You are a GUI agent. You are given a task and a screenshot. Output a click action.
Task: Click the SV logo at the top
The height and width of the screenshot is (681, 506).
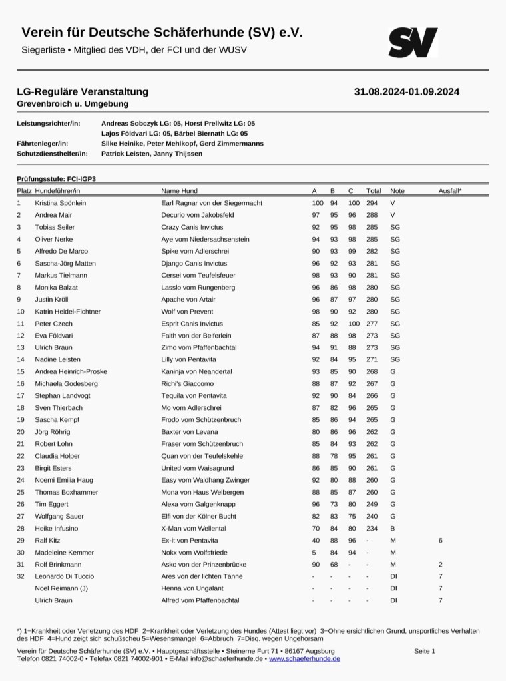pos(413,42)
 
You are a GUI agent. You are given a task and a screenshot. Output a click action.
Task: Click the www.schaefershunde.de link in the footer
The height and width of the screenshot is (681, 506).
pos(304,658)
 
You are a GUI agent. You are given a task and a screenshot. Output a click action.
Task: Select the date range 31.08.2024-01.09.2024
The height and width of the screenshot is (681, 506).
pos(407,92)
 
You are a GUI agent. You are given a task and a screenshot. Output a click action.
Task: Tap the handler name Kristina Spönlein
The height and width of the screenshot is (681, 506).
pos(61,203)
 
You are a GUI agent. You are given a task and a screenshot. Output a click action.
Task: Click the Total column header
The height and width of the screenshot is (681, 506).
pos(374,191)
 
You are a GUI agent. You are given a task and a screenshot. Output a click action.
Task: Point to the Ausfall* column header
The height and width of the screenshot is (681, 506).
pos(450,191)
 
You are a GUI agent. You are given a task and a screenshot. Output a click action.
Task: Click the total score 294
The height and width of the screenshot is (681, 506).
pos(372,203)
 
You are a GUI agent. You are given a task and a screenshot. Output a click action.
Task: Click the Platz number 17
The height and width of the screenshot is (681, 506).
pos(21,395)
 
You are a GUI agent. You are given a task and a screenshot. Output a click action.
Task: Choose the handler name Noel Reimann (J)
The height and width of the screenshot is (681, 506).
pos(63,588)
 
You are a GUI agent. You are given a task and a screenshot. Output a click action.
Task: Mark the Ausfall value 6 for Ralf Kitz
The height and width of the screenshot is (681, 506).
pos(440,540)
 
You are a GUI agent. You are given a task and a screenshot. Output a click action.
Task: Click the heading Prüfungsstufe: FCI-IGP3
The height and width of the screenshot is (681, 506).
pos(61,179)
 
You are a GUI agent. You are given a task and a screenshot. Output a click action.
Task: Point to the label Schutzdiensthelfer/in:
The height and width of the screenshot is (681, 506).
pos(52,154)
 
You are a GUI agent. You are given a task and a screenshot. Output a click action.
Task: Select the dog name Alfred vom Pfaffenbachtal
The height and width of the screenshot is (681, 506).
pos(200,600)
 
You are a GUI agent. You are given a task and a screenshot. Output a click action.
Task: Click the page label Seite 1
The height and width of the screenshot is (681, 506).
pos(424,651)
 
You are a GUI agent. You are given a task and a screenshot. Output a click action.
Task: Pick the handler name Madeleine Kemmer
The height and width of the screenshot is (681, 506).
pos(64,552)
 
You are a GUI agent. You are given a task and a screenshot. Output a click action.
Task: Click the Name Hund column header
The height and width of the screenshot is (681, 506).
pos(179,191)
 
